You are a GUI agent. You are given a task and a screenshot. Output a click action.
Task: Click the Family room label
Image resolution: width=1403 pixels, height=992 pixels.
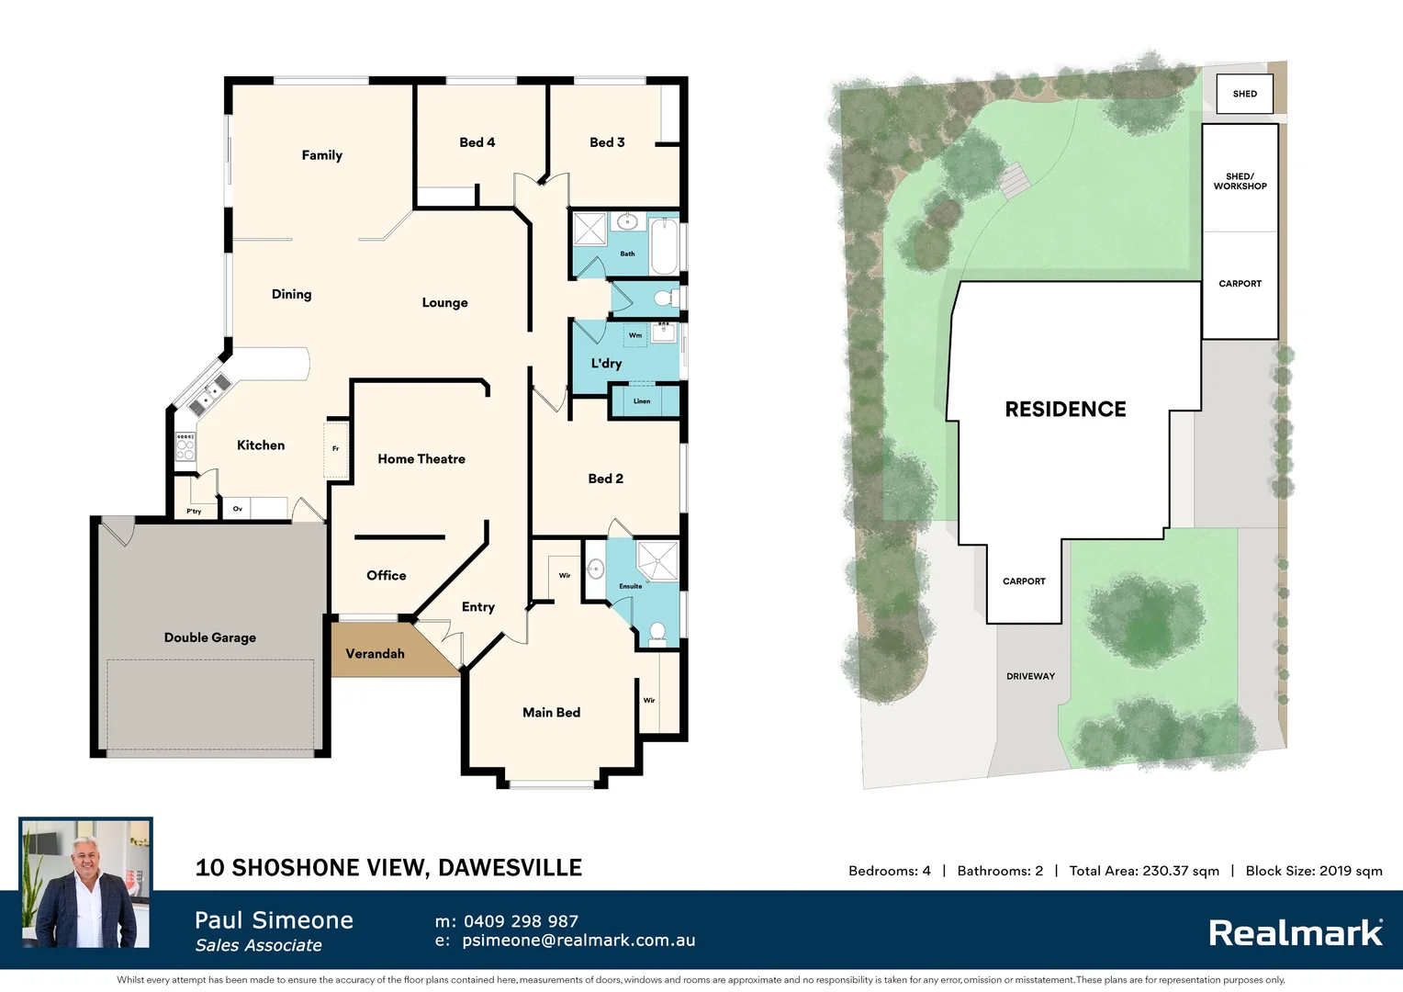(x=321, y=155)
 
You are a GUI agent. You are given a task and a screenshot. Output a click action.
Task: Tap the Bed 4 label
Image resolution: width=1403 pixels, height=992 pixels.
(x=477, y=142)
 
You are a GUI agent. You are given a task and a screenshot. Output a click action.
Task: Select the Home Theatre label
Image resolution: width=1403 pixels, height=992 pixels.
(x=421, y=459)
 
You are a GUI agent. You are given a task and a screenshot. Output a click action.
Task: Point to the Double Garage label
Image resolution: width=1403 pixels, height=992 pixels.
(x=209, y=637)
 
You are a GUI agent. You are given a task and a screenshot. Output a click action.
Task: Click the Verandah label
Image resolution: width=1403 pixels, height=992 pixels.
(x=375, y=654)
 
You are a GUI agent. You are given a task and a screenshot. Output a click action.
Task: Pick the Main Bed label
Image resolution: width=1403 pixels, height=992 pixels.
(x=551, y=713)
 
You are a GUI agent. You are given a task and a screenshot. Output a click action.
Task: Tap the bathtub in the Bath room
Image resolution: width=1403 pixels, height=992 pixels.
(x=664, y=245)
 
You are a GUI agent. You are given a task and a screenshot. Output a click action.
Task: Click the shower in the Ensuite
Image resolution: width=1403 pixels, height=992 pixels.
(x=657, y=561)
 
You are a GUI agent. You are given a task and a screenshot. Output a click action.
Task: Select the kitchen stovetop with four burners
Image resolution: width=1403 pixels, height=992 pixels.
(x=185, y=446)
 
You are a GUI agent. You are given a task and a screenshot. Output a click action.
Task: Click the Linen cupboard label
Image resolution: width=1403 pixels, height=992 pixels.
(x=642, y=401)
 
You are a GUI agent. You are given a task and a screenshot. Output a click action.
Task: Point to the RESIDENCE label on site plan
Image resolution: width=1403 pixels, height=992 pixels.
(x=1065, y=410)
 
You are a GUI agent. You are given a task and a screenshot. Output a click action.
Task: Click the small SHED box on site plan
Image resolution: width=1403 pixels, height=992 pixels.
(x=1244, y=94)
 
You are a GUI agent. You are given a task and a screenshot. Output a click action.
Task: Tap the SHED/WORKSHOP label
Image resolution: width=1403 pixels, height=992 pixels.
(x=1240, y=181)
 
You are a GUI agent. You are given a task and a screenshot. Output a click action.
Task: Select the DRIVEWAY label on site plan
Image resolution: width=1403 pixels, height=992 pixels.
(x=1030, y=676)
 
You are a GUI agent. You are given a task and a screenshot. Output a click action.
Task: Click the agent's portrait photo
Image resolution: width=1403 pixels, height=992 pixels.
(x=86, y=884)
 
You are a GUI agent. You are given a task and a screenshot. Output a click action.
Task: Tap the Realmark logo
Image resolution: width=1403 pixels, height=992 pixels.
(x=1296, y=933)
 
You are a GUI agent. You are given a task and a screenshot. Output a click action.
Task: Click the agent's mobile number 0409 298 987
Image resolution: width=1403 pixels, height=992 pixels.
(x=521, y=921)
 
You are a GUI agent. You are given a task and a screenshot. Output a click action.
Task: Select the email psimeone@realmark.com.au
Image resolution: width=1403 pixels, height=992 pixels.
(x=578, y=941)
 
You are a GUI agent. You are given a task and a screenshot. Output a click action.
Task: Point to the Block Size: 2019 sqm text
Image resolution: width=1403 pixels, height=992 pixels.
(x=1313, y=871)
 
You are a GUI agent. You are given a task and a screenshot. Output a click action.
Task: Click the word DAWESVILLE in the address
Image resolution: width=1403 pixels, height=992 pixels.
(x=510, y=868)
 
